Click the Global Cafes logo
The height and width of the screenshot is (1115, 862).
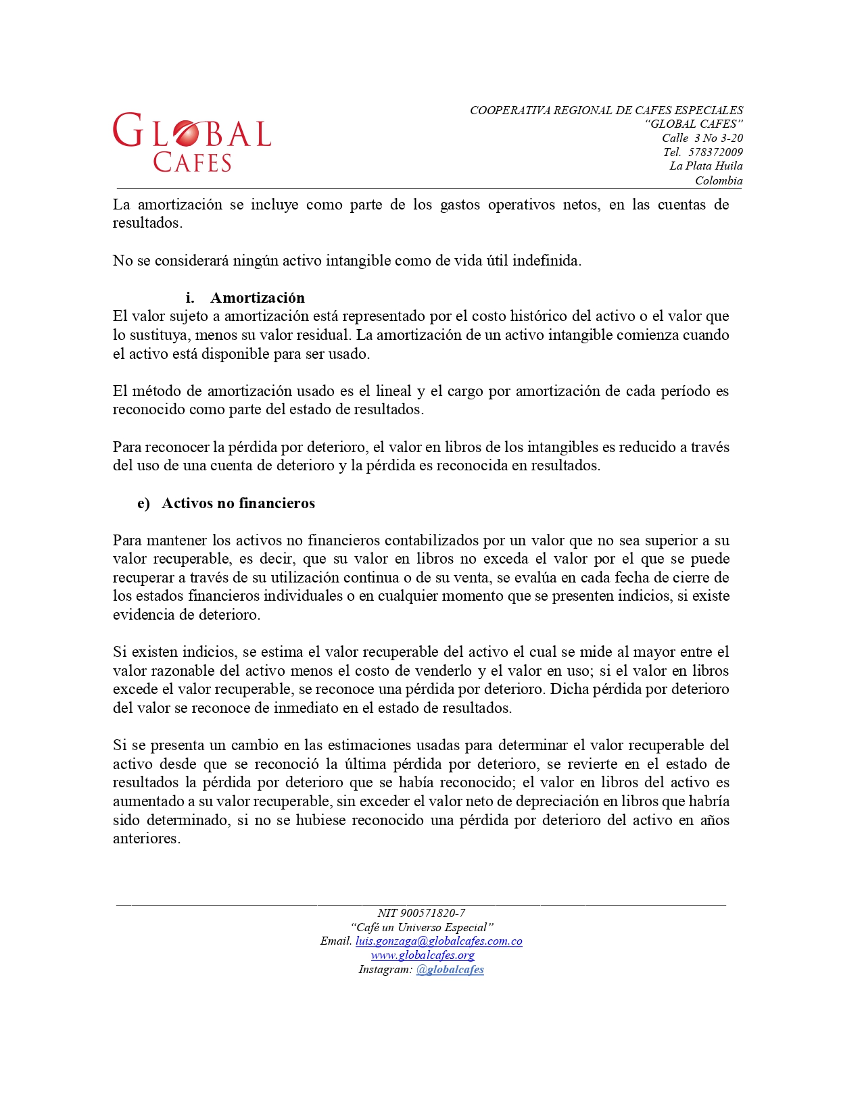[x=192, y=142]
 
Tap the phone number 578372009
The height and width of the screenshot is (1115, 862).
[x=715, y=152]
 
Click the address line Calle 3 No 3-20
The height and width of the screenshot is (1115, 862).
[x=702, y=138]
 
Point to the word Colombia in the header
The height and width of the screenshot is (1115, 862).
[x=719, y=180]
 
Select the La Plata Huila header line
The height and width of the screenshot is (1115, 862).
[x=706, y=166]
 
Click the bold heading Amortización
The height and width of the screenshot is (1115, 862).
[x=258, y=298]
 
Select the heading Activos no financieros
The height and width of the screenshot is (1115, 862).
[x=238, y=503]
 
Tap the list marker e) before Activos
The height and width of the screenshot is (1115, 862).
[x=143, y=503]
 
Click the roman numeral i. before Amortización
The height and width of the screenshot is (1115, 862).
[x=190, y=298]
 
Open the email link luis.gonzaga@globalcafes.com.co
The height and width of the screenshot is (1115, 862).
[x=439, y=941]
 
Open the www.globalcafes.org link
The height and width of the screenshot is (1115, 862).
[x=423, y=956]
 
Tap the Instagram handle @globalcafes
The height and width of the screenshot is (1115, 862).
[x=450, y=970]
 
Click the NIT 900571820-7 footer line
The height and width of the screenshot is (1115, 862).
[x=421, y=913]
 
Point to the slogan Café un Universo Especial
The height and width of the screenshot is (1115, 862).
[x=422, y=927]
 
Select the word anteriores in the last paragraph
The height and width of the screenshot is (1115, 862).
[x=146, y=839]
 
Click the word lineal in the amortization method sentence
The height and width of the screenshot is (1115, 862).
[x=393, y=391]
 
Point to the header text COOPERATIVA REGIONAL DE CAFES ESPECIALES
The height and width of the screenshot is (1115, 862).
[x=606, y=110]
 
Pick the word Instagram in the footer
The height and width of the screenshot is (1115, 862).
[x=385, y=970]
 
